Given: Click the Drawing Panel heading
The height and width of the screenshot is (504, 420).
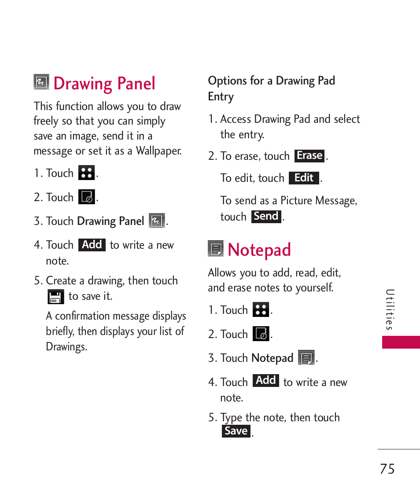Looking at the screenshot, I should click(x=104, y=84).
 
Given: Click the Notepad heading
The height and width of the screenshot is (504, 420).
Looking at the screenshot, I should click(x=259, y=250).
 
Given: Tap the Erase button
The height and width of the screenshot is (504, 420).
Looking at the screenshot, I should click(x=309, y=156).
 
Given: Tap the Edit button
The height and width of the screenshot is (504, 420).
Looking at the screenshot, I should click(x=304, y=178).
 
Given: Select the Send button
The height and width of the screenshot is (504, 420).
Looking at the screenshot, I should click(x=266, y=217).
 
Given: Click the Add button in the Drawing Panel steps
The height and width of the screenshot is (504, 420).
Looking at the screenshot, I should click(x=92, y=245).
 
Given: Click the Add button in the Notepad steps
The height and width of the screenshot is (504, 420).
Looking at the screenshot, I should click(x=266, y=380).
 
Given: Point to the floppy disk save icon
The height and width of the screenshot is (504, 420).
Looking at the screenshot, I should click(x=55, y=297).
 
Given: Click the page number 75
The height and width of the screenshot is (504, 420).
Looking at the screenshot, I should click(x=387, y=469).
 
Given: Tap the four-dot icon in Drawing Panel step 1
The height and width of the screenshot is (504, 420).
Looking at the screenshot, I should click(x=86, y=173).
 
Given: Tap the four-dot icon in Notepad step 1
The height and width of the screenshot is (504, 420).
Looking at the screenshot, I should click(x=261, y=309).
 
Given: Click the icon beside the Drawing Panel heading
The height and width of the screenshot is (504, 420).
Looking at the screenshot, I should click(x=41, y=82).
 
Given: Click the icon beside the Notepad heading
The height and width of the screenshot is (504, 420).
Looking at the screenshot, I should click(x=216, y=249).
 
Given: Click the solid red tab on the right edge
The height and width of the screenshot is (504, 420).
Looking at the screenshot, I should click(x=401, y=342).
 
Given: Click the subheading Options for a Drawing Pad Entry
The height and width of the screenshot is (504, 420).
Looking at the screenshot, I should click(x=271, y=88).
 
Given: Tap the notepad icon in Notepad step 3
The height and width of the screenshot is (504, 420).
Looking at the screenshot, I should click(x=306, y=358).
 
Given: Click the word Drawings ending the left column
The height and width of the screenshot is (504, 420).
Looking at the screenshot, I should click(x=66, y=346).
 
